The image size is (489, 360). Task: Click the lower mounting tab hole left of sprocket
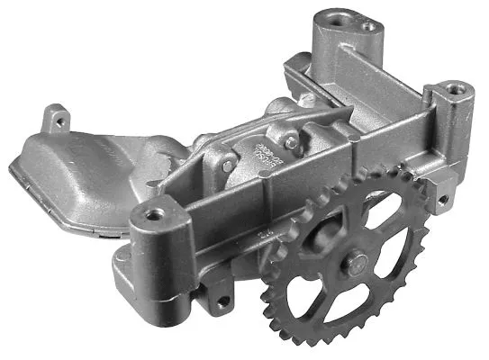220,301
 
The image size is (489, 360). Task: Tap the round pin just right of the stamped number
291,141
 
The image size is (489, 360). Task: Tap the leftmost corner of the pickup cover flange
12,168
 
